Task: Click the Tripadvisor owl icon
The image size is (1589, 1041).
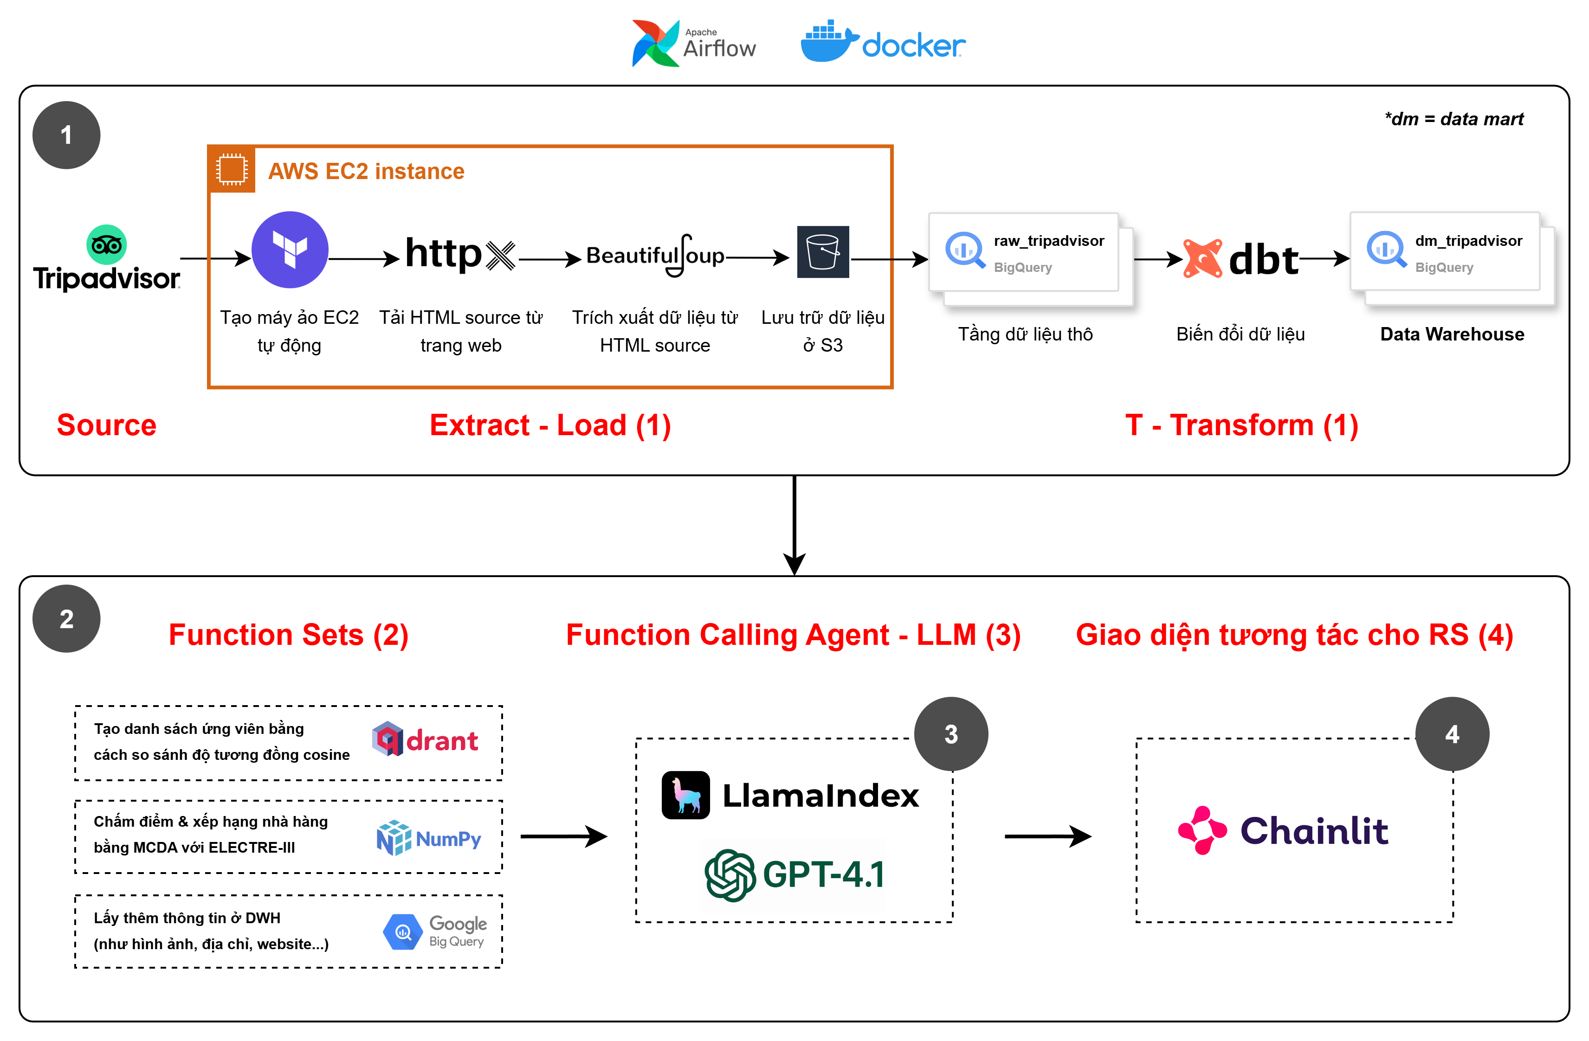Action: [106, 245]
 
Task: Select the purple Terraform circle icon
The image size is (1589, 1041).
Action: [290, 250]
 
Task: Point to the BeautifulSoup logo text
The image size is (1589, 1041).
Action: [655, 256]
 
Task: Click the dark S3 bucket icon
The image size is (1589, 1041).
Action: [822, 251]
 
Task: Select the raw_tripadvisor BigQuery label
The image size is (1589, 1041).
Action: [1048, 241]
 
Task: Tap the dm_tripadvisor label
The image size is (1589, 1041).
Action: [1468, 241]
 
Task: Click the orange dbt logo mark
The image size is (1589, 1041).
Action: [1202, 258]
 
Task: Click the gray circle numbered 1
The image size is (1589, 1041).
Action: [66, 135]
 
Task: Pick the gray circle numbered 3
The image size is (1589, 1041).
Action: [951, 734]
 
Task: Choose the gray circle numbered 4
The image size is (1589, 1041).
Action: [1452, 734]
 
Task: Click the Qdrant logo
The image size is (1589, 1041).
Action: [425, 739]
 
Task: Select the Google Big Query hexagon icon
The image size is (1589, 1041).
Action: [403, 932]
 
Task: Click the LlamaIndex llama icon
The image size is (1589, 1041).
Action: [685, 795]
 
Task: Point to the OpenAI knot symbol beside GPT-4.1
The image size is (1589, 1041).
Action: [730, 875]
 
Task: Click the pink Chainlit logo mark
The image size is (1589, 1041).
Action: [1202, 830]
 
